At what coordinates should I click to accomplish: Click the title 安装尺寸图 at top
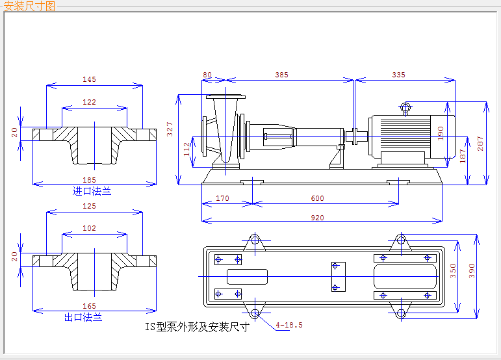[x=30, y=6]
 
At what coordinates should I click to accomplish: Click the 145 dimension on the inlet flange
[x=89, y=79]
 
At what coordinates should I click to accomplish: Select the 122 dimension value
[x=89, y=102]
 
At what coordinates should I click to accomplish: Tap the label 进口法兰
[x=92, y=191]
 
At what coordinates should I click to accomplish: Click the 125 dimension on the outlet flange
[x=89, y=206]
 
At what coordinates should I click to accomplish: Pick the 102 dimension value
[x=89, y=228]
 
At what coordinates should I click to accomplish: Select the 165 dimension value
[x=89, y=306]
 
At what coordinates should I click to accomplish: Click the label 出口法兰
[x=83, y=317]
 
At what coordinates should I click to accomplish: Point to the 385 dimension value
[x=281, y=75]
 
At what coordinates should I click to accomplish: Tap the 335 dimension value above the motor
[x=398, y=75]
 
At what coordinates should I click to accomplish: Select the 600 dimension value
[x=317, y=198]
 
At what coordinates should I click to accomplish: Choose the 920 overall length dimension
[x=317, y=218]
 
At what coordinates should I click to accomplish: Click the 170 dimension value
[x=222, y=198]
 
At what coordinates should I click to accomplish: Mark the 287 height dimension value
[x=481, y=144]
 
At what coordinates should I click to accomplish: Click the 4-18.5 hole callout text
[x=289, y=324]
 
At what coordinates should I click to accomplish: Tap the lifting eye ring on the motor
[x=405, y=107]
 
